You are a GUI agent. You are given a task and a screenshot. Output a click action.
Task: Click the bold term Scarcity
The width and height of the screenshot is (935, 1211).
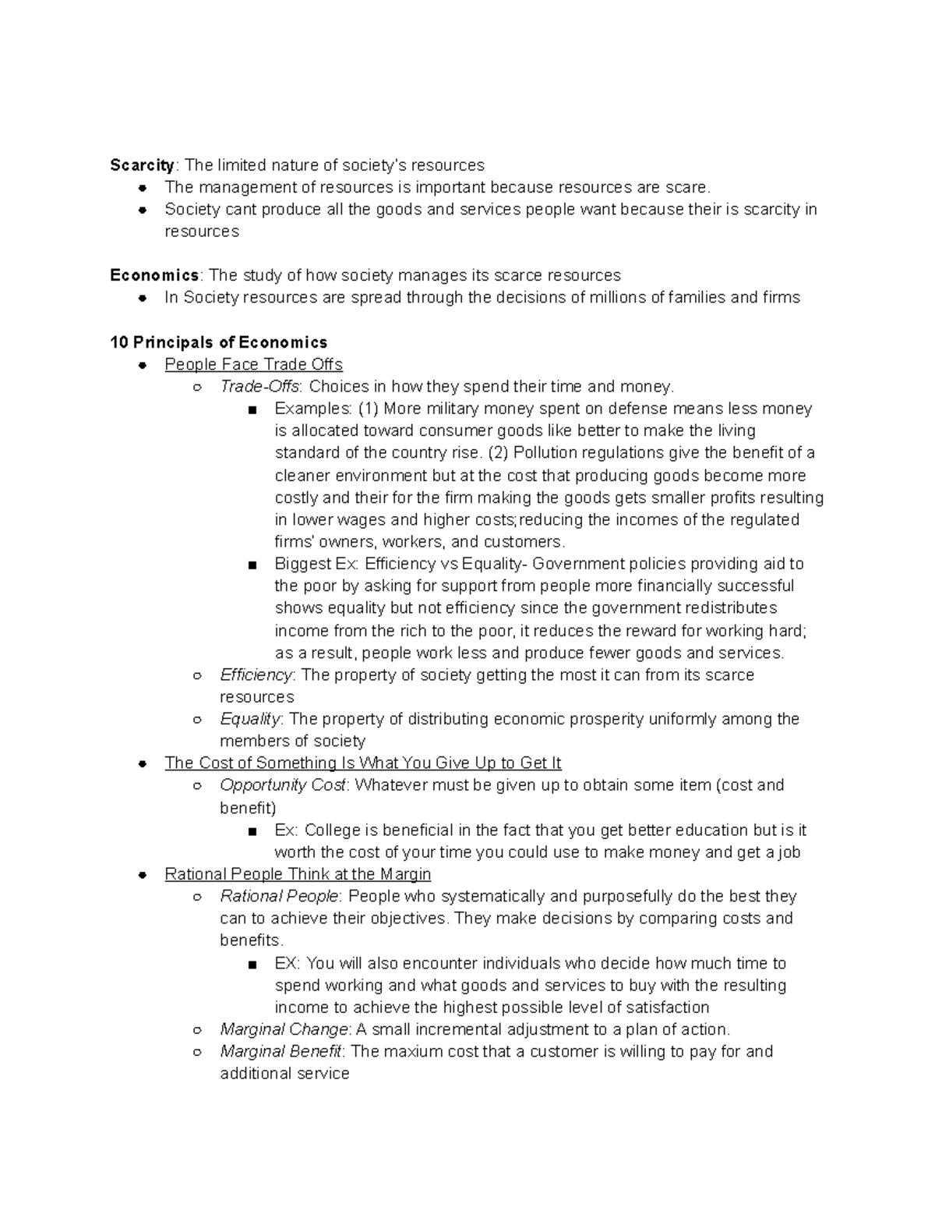(x=142, y=165)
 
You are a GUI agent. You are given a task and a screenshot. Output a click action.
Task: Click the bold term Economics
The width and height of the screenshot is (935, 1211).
(x=154, y=275)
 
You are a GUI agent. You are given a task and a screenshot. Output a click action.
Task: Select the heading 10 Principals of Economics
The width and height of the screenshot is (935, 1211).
(x=218, y=342)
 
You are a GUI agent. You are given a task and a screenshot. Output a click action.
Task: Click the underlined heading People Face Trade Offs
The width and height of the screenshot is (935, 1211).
(x=253, y=365)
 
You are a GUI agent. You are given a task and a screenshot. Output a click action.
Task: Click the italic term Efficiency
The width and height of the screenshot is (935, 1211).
(x=256, y=675)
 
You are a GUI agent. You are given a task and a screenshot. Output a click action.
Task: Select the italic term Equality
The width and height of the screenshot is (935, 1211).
(x=250, y=719)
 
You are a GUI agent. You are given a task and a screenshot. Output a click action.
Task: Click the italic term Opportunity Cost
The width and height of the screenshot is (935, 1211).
(x=283, y=785)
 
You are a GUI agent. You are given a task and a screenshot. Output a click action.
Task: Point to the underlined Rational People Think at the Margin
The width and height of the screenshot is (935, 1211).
(x=298, y=874)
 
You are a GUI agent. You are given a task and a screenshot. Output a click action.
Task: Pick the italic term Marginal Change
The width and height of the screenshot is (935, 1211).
(x=284, y=1029)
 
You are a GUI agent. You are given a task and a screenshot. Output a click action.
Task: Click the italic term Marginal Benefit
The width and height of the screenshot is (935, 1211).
(x=280, y=1051)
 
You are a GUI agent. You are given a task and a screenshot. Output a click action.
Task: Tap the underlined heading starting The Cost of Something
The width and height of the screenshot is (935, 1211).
(x=362, y=763)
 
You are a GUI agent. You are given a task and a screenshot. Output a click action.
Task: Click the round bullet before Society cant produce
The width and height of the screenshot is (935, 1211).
(x=143, y=210)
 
